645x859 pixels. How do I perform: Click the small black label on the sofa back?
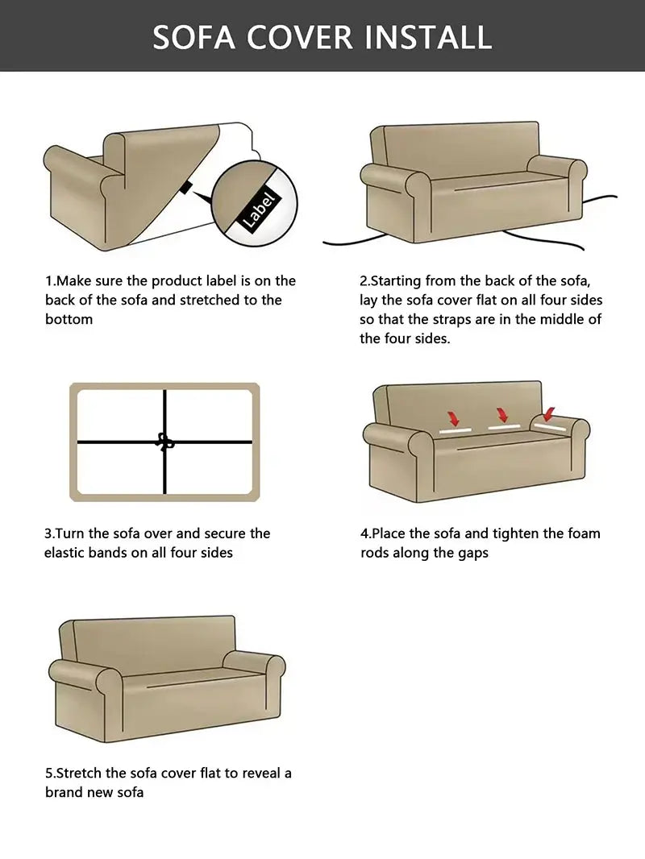[186, 188]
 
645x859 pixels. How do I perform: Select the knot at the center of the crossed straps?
[165, 442]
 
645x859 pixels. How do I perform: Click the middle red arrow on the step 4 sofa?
[501, 414]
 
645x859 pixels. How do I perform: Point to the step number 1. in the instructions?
[50, 281]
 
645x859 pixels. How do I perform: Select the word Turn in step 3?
[73, 533]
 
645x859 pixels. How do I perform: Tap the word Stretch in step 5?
[80, 773]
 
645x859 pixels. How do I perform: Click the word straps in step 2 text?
[474, 320]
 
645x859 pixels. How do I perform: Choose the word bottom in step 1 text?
[69, 320]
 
